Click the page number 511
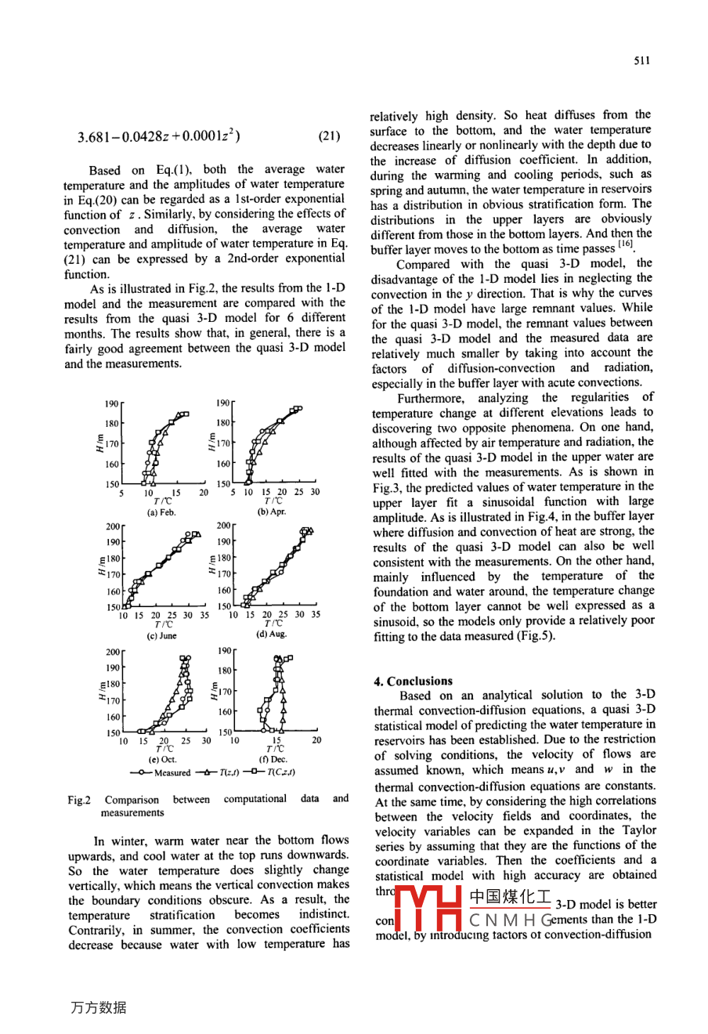(x=642, y=60)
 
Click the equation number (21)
(x=329, y=136)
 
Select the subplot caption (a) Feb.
(x=162, y=512)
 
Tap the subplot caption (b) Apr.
(x=272, y=512)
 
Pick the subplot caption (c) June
(x=163, y=636)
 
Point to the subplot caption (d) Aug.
(x=272, y=634)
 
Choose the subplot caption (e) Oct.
(x=163, y=759)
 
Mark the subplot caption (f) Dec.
(x=273, y=759)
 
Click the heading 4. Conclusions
(x=413, y=681)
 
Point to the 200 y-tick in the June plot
(x=114, y=527)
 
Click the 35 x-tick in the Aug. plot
(x=316, y=615)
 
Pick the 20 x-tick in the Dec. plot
(x=316, y=739)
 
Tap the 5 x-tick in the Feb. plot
(x=121, y=493)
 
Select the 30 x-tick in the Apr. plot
(x=315, y=492)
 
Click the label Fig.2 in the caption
(x=79, y=800)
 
